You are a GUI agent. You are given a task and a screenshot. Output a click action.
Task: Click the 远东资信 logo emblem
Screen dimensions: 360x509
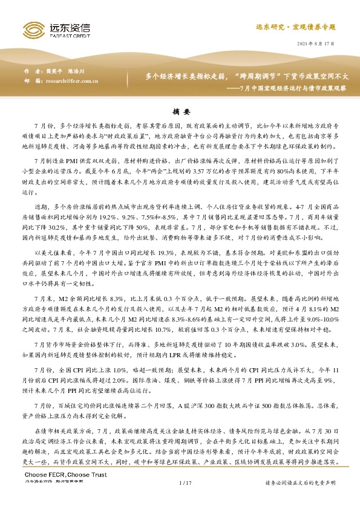pyautogui.click(x=31, y=28)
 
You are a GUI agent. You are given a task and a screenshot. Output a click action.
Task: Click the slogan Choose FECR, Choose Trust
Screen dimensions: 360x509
pyautogui.click(x=56, y=491)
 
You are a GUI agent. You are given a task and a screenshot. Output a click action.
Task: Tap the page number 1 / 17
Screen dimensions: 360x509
pyautogui.click(x=185, y=499)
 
